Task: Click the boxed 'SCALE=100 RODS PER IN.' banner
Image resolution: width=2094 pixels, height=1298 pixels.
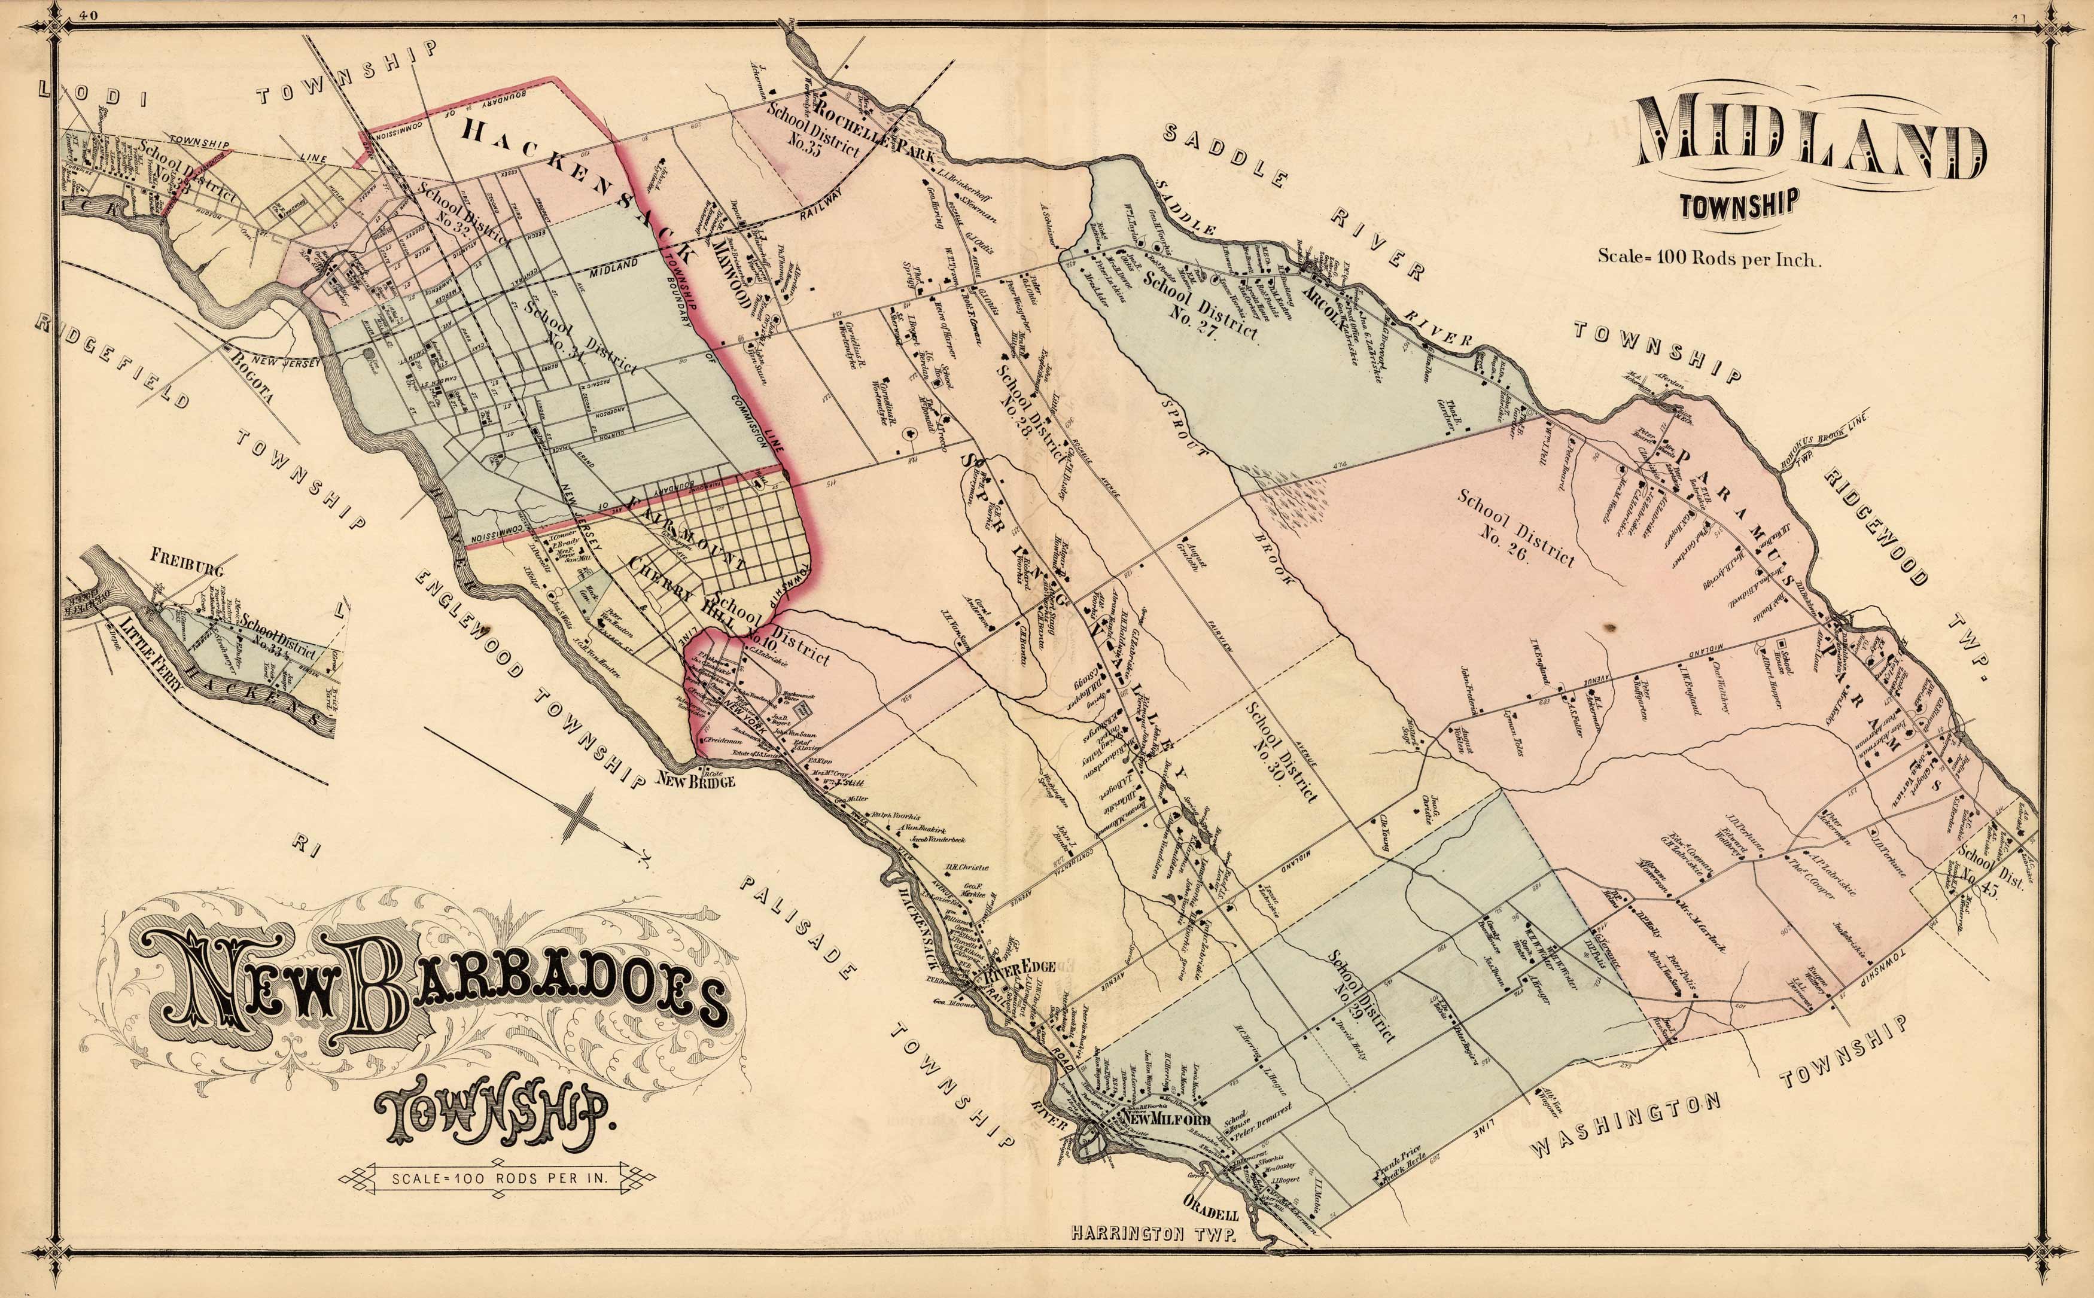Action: [499, 1178]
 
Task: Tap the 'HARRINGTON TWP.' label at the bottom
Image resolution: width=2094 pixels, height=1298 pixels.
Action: [1153, 1259]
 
